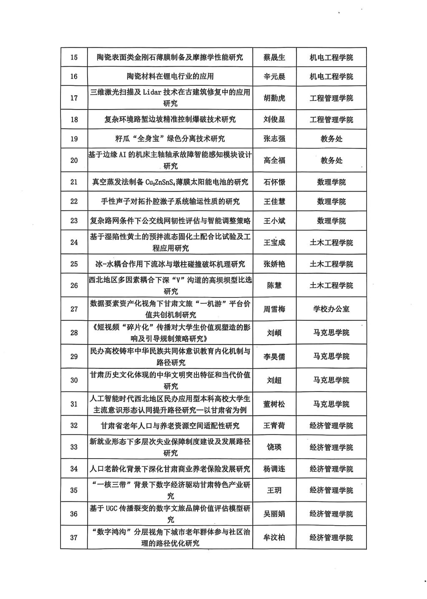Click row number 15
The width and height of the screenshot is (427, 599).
coord(74,57)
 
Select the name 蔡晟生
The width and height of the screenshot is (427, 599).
coord(274,57)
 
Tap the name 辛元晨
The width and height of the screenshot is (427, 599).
coord(274,77)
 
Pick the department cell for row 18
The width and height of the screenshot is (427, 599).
coord(331,120)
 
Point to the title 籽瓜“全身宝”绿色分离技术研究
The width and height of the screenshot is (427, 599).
coord(170,139)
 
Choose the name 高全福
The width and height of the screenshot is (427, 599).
coord(274,160)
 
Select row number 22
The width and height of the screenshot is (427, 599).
coord(74,202)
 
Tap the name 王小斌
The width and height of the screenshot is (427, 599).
coord(274,221)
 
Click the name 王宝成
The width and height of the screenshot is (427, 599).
coord(274,242)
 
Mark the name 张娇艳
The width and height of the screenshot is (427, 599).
coord(274,264)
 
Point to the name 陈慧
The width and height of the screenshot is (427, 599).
coord(274,285)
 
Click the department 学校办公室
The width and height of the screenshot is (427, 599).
coord(331,309)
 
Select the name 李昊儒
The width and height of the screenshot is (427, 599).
coord(274,357)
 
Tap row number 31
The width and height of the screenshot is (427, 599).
coord(74,404)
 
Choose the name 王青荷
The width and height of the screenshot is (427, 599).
coord(274,426)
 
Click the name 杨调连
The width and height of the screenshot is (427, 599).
coord(274,469)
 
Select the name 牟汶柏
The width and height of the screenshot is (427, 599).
coord(274,538)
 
